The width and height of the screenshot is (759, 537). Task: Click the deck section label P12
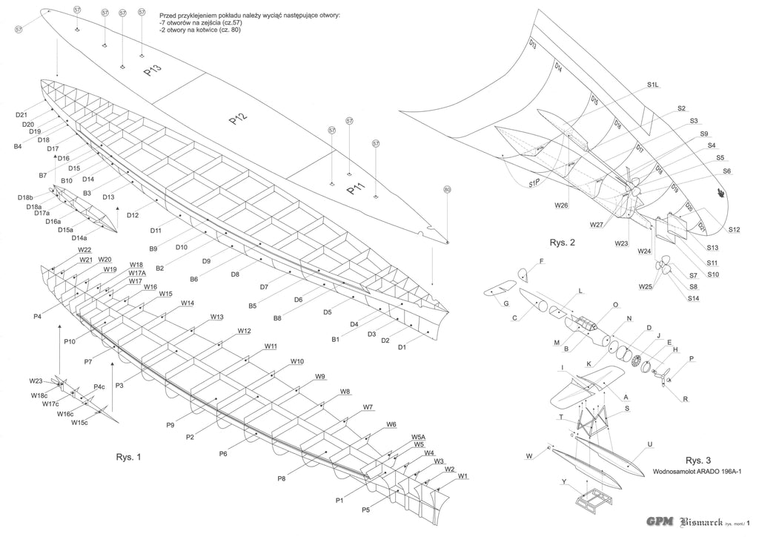pos(239,118)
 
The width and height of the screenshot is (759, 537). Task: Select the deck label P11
pos(357,191)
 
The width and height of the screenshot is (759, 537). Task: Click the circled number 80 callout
pos(447,190)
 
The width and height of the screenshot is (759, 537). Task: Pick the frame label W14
pos(188,303)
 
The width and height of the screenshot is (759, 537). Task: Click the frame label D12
pos(133,215)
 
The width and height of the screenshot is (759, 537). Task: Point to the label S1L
pos(653,85)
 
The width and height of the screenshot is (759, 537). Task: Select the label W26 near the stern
pos(560,205)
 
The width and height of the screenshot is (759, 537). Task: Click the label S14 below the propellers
pos(693,298)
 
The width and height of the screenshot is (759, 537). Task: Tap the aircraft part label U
pos(649,445)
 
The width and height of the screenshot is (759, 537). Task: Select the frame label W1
pos(463,475)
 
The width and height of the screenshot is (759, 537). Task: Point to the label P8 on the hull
pos(282,478)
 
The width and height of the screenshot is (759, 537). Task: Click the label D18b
pos(25,197)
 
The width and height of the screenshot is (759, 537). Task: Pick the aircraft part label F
pos(541,261)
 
